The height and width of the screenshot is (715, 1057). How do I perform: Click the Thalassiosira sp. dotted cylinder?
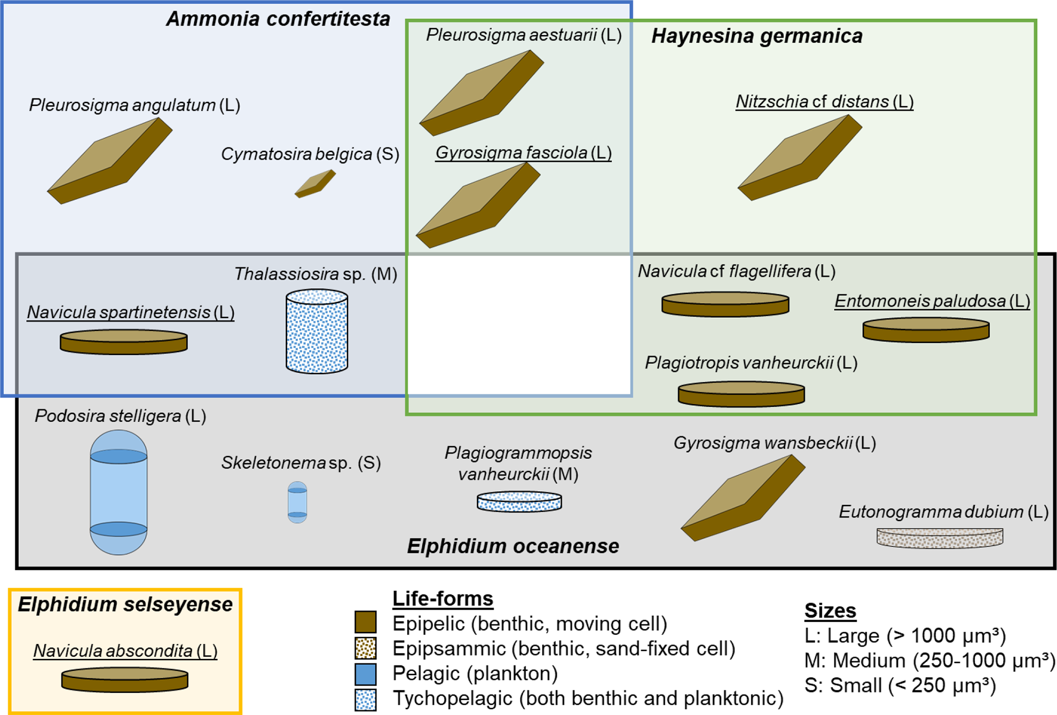coord(317,332)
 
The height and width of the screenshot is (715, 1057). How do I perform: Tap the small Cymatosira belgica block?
coord(315,183)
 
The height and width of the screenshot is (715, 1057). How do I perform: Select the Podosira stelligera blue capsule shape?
coord(119,492)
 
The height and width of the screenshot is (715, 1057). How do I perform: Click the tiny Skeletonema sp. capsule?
coord(297,502)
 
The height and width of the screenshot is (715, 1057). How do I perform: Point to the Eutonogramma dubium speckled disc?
coord(939,538)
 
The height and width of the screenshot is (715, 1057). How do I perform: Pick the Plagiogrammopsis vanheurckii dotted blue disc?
coord(519,501)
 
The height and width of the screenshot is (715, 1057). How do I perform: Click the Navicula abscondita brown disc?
coord(125,680)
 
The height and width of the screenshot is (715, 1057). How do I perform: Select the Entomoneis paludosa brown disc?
coord(926,330)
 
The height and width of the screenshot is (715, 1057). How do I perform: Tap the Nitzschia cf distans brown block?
coord(800,157)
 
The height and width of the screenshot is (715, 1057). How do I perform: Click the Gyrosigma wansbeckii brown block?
coord(743,498)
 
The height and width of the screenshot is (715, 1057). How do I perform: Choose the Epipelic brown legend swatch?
coord(365,622)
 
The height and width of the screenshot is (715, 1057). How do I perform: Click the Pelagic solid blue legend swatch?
coord(365,674)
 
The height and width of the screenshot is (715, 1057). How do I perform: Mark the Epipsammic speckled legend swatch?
coord(365,648)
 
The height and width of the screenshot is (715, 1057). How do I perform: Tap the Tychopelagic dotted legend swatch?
coord(365,699)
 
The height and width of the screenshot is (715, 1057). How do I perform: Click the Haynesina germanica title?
coord(757,36)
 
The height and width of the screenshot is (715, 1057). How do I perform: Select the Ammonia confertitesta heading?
coord(278,19)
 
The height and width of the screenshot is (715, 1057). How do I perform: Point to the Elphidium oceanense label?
coord(513,546)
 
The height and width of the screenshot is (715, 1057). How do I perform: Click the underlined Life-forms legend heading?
coord(442,598)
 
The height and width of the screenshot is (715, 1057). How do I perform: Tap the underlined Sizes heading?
coord(830,610)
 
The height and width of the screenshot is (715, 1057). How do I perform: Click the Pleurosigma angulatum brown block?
coord(110,161)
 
